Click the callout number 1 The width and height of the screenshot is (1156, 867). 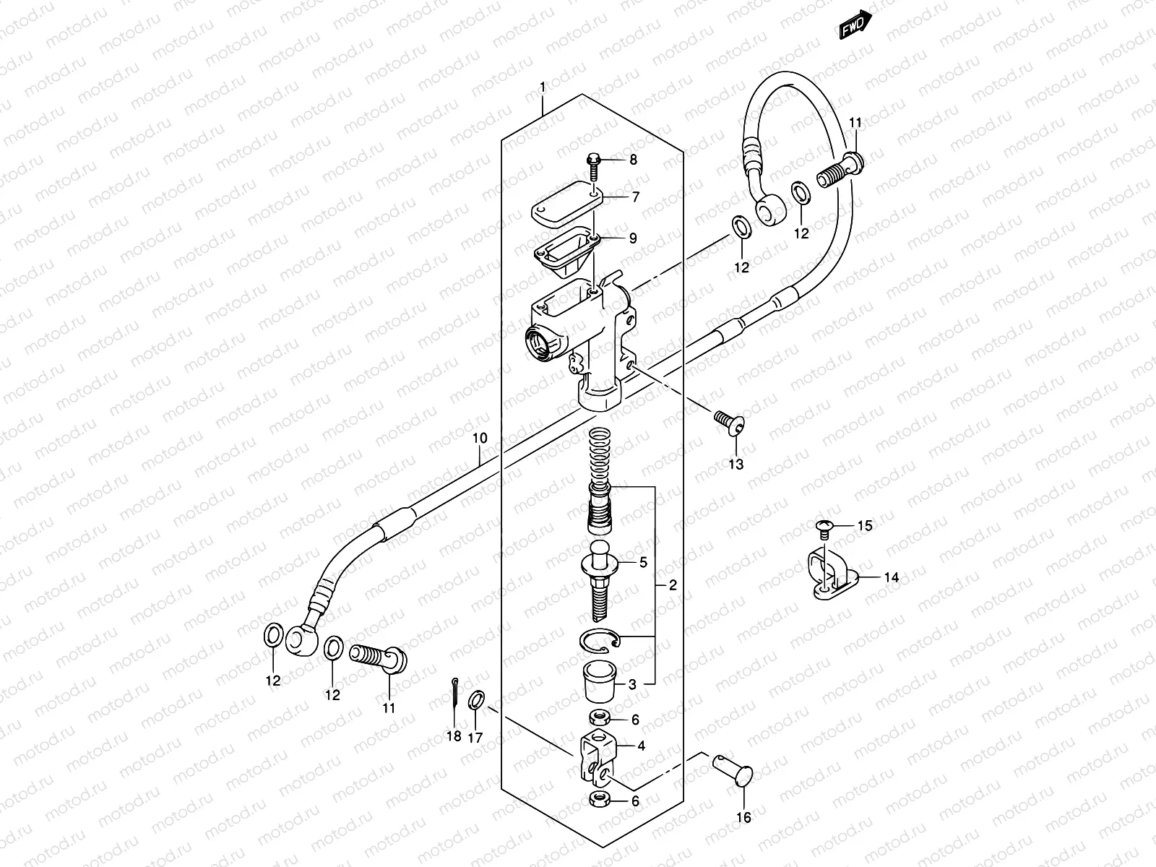543,87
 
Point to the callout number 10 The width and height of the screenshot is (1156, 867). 480,438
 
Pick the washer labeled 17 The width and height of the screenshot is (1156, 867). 476,699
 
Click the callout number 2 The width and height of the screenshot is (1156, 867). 673,585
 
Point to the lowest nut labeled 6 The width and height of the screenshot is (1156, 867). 598,799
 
